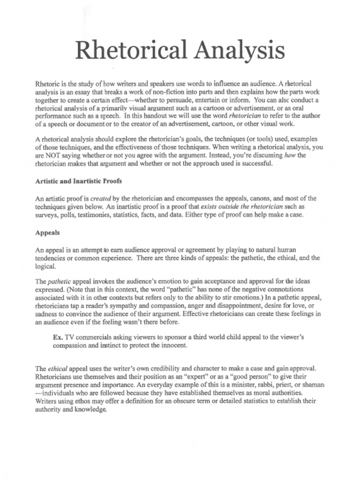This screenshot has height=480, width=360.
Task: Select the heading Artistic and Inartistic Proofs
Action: click(x=79, y=181)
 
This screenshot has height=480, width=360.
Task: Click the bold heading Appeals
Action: click(x=47, y=232)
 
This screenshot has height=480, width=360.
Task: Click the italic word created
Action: click(x=101, y=198)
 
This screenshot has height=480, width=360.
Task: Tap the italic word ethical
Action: click(x=58, y=368)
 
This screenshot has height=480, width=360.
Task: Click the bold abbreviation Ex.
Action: click(x=58, y=337)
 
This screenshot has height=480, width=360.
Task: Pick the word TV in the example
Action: click(x=70, y=337)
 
